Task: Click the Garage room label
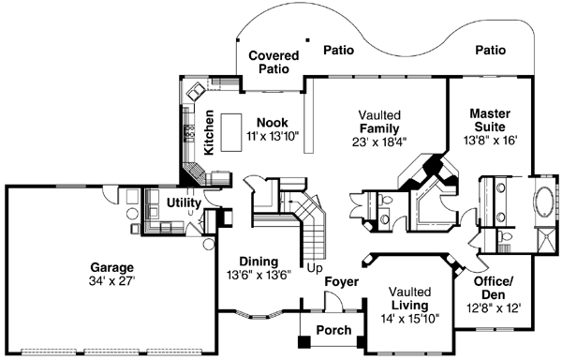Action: [x=111, y=265]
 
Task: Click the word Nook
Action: [x=273, y=123]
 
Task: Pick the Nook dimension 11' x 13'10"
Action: [x=273, y=137]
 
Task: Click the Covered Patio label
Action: [x=274, y=63]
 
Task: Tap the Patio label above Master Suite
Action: [x=490, y=50]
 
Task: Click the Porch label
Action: [x=334, y=330]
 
